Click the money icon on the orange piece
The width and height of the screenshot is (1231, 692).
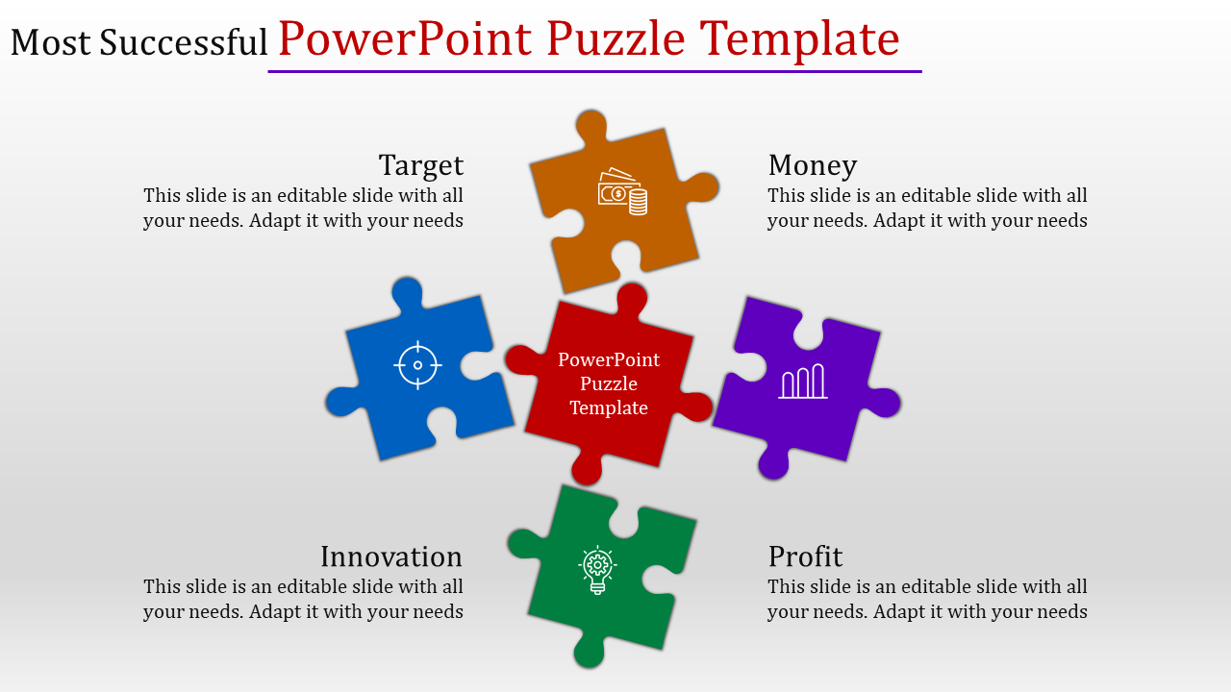point(622,191)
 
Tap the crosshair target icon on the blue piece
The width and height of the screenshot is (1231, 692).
point(417,365)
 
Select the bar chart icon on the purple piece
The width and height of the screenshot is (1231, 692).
point(803,381)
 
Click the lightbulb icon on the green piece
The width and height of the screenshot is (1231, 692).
point(597,570)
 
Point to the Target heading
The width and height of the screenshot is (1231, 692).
point(421,165)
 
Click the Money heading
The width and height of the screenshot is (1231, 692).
point(813,165)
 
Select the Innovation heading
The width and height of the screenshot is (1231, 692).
point(391,556)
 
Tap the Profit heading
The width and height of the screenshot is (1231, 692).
point(805,556)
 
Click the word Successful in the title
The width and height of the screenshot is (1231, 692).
point(183,42)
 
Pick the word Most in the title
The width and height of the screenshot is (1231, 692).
point(51,42)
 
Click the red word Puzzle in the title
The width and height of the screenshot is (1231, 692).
point(615,38)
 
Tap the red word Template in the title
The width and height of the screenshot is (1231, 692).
point(799,39)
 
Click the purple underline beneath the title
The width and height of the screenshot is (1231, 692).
point(594,71)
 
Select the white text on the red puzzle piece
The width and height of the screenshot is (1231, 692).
point(609,383)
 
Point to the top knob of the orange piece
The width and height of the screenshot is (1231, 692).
point(591,124)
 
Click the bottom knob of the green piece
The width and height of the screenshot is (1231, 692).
point(590,653)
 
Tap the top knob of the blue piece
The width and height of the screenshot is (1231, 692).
point(407,291)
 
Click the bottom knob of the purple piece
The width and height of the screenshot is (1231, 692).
point(774,464)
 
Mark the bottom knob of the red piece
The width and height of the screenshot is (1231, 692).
point(587,470)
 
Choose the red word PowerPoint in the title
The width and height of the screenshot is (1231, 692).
point(405,39)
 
